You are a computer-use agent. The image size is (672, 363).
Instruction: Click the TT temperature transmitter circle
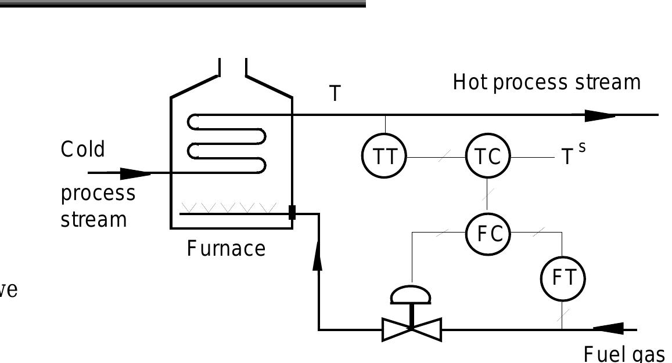tap(384, 157)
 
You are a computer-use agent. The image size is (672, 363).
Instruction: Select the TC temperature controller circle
tap(488, 157)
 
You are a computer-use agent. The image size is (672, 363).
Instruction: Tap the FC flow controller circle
tap(488, 234)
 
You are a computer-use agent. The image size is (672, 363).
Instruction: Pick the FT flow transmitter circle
tap(562, 278)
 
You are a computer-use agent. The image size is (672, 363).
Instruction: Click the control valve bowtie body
tap(412, 329)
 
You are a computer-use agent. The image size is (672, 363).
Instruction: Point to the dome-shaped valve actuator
tap(411, 295)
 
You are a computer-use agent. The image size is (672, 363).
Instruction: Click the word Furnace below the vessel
tap(226, 249)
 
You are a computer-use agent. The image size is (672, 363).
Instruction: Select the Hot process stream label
tap(547, 82)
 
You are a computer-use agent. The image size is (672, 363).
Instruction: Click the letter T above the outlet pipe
tap(335, 94)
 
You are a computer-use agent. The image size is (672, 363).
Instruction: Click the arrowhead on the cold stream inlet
tap(135, 173)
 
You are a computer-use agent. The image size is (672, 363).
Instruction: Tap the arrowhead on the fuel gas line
tap(608, 329)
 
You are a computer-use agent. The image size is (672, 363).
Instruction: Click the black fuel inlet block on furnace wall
tap(292, 212)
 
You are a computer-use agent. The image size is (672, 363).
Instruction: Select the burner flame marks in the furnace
tap(229, 207)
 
